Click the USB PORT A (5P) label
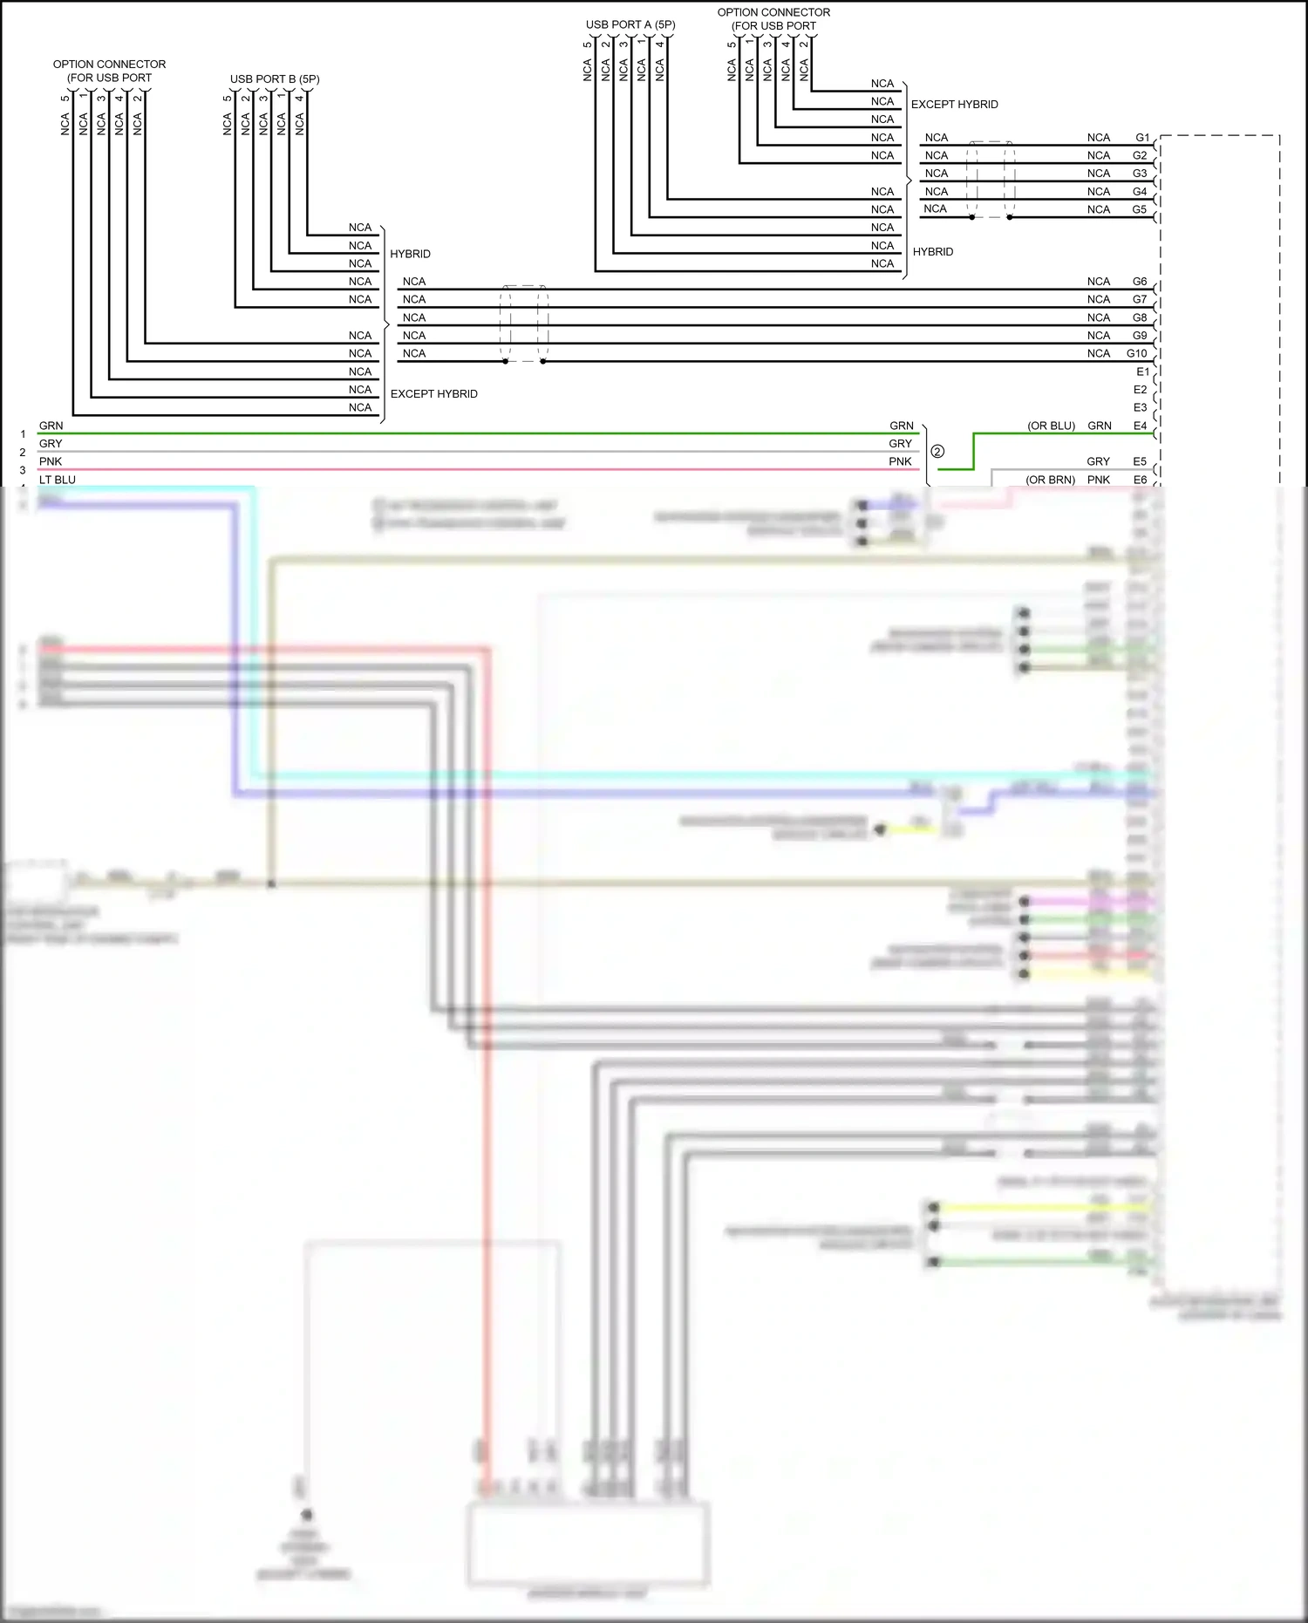click(630, 24)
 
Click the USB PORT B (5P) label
click(275, 79)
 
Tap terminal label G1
click(1142, 138)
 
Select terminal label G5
click(1140, 209)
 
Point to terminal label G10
click(1136, 353)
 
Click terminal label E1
click(1142, 372)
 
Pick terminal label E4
click(1140, 426)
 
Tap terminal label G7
click(1140, 299)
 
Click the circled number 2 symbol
click(937, 452)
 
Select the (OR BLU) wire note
click(1051, 426)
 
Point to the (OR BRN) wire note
click(1050, 480)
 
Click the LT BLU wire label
click(58, 480)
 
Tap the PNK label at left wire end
click(51, 461)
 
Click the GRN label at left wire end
click(51, 426)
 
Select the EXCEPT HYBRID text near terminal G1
click(954, 105)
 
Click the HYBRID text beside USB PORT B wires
click(410, 254)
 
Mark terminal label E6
click(1140, 480)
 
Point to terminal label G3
click(1140, 174)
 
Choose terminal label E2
click(1140, 390)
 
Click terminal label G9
click(1140, 336)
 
